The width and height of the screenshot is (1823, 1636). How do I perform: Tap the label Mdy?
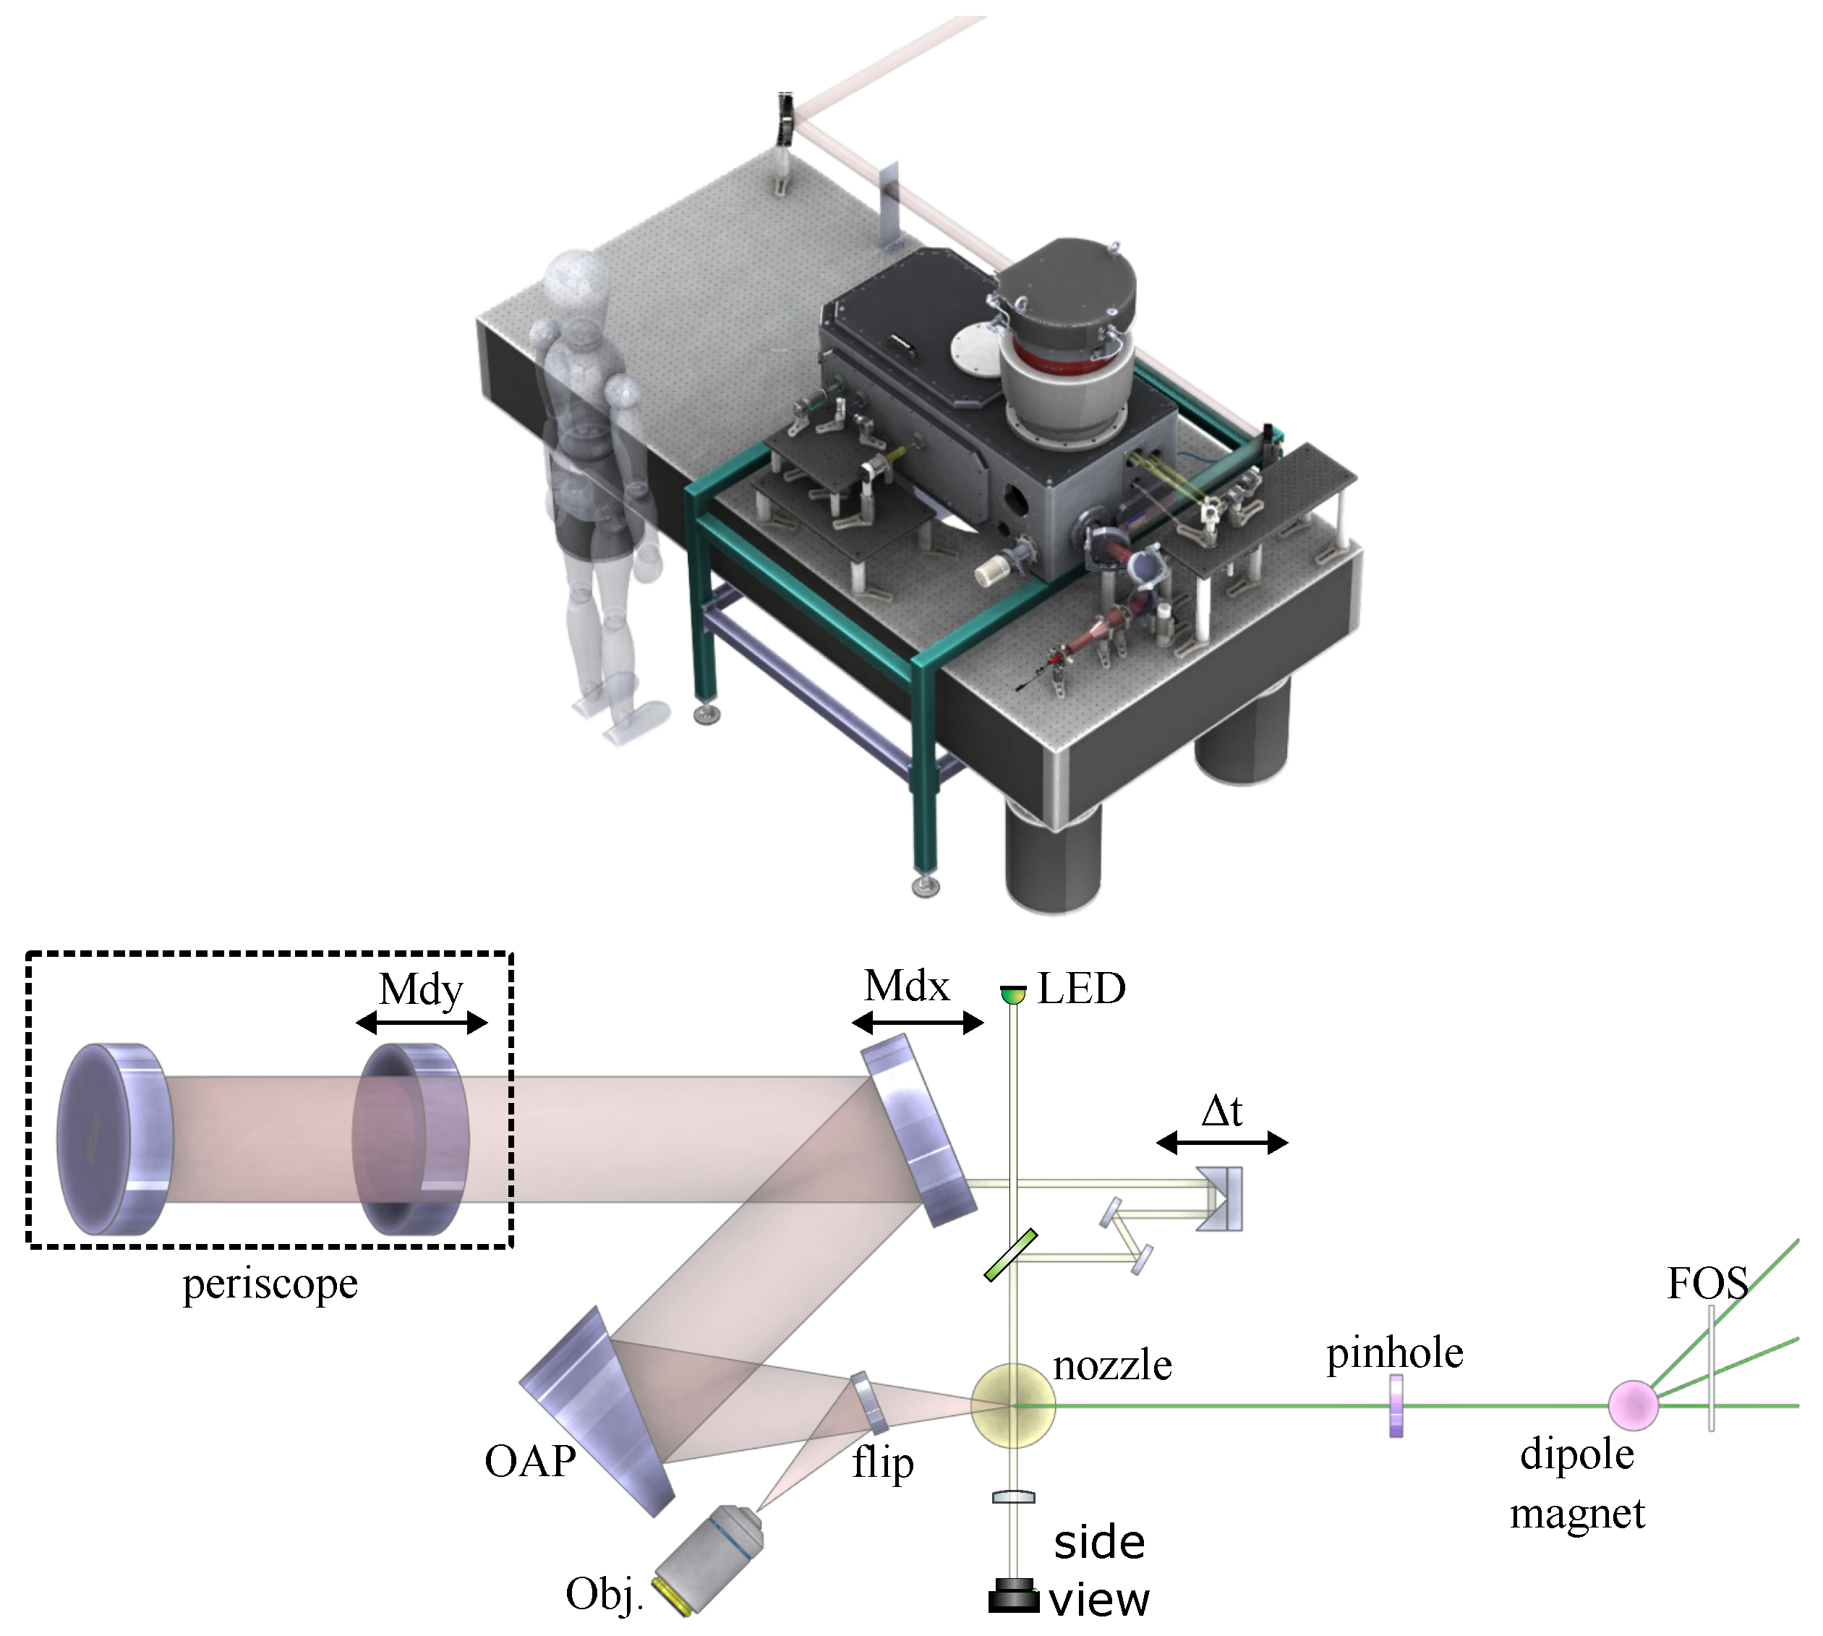pyautogui.click(x=421, y=989)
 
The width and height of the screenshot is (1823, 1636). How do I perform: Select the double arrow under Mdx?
pyautogui.click(x=917, y=1023)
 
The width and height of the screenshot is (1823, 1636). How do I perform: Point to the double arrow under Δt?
pyautogui.click(x=1221, y=1143)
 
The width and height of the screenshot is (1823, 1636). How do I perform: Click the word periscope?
pyautogui.click(x=270, y=1284)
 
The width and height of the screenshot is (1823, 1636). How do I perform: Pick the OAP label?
pyautogui.click(x=529, y=1461)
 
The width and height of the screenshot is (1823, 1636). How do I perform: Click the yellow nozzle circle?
pyautogui.click(x=1012, y=1405)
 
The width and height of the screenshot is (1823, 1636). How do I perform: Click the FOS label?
pyautogui.click(x=1706, y=1283)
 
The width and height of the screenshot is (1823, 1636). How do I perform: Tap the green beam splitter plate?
pyautogui.click(x=1010, y=1256)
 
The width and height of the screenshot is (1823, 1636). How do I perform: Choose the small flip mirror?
pyautogui.click(x=869, y=1403)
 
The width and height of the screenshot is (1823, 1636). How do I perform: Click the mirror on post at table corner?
pyautogui.click(x=785, y=118)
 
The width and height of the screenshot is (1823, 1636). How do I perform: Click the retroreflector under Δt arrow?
pyautogui.click(x=1223, y=1198)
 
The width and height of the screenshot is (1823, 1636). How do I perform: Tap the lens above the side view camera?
pyautogui.click(x=1013, y=1496)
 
